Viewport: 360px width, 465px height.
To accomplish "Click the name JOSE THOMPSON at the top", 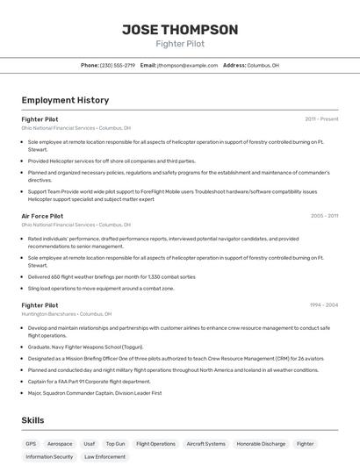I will pyautogui.click(x=179, y=30).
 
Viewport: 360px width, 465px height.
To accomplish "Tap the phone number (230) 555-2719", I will pyautogui.click(x=118, y=65).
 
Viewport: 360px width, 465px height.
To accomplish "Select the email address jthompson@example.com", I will pyautogui.click(x=187, y=65).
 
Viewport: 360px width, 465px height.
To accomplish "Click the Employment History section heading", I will pyautogui.click(x=65, y=101).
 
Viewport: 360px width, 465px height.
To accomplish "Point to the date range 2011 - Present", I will pyautogui.click(x=321, y=118).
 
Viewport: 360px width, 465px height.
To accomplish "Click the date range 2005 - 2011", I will pyautogui.click(x=324, y=215).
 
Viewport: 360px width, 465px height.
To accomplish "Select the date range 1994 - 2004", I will pyautogui.click(x=324, y=305).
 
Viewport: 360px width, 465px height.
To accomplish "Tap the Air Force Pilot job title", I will pyautogui.click(x=42, y=215).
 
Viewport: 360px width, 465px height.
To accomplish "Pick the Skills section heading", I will pyautogui.click(x=32, y=420).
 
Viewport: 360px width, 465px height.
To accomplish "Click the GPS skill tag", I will pyautogui.click(x=31, y=444).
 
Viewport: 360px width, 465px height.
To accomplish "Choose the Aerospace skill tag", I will pyautogui.click(x=60, y=444).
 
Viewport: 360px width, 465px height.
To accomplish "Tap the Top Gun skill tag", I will pyautogui.click(x=115, y=444).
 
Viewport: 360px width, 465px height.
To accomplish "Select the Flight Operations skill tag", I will pyautogui.click(x=155, y=444).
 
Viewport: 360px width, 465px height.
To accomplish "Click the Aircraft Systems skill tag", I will pyautogui.click(x=205, y=444).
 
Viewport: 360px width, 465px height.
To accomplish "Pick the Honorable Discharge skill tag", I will pyautogui.click(x=261, y=444).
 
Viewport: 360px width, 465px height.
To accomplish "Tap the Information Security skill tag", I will pyautogui.click(x=49, y=456).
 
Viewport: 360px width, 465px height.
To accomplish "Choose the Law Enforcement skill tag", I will pyautogui.click(x=104, y=456).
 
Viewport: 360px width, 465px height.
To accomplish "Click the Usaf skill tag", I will pyautogui.click(x=89, y=444).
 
